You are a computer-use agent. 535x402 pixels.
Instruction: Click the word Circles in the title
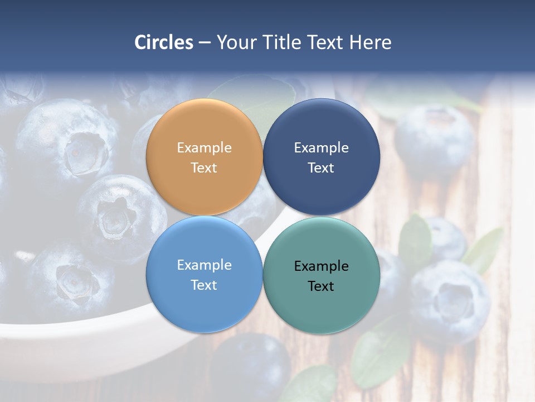pyautogui.click(x=163, y=42)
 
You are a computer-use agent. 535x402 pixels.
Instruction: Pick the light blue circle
pyautogui.click(x=204, y=301)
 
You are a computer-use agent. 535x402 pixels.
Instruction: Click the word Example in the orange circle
pyautogui.click(x=204, y=148)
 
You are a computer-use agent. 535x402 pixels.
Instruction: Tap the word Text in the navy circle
pyautogui.click(x=321, y=167)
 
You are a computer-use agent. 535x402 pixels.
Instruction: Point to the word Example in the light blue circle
pyautogui.click(x=204, y=265)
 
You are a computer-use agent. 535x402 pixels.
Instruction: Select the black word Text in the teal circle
pyautogui.click(x=321, y=286)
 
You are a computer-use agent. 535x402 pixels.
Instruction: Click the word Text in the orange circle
pyautogui.click(x=204, y=167)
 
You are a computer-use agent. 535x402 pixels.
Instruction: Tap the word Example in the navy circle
pyautogui.click(x=321, y=148)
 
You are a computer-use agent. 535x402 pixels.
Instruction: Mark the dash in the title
pyautogui.click(x=205, y=43)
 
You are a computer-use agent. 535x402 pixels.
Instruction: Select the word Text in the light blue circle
pyautogui.click(x=204, y=285)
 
